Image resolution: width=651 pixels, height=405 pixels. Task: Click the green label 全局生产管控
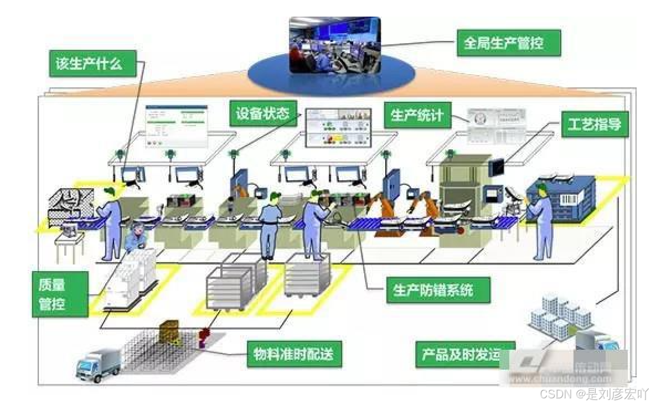[508, 43]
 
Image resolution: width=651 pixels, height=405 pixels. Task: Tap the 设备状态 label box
[262, 115]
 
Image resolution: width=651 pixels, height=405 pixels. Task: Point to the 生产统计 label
[417, 115]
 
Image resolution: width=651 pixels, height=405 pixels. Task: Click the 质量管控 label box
[60, 294]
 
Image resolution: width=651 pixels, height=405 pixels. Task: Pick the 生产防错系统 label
[438, 289]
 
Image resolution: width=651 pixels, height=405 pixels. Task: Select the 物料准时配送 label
[294, 352]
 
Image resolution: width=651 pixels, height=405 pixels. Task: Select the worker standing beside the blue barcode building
[541, 221]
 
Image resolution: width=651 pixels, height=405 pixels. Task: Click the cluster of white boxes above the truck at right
[560, 317]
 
